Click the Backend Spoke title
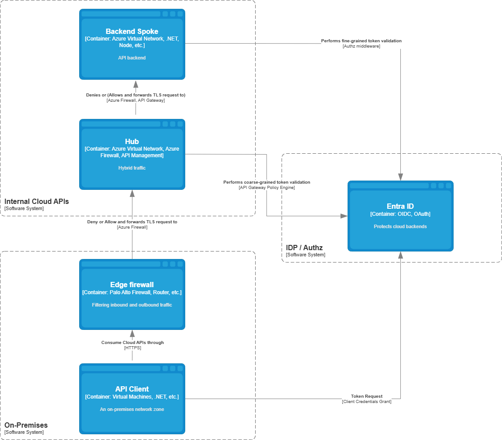point(132,31)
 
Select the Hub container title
point(132,141)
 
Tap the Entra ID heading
point(400,206)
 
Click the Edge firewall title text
point(132,285)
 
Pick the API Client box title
point(132,389)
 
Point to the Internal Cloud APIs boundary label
point(37,202)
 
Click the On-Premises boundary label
point(26,425)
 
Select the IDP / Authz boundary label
point(304,248)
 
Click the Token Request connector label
point(366,396)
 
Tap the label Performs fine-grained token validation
point(361,41)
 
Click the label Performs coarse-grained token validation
point(267,182)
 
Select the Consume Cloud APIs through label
point(132,342)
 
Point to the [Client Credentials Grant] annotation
point(366,402)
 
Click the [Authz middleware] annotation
point(361,46)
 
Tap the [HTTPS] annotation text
point(132,348)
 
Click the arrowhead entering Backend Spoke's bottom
point(136,84)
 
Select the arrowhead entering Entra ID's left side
point(344,216)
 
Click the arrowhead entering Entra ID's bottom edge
point(400,255)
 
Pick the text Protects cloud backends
point(400,226)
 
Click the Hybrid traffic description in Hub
point(132,168)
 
